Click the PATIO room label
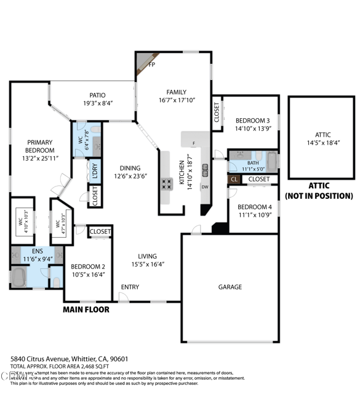coord(98,95)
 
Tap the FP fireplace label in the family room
coord(151,63)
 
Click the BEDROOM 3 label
coord(252,120)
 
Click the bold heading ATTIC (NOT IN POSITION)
coord(318,191)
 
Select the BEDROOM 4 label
coord(254,206)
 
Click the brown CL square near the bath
coord(234,180)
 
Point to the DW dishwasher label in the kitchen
coord(205,187)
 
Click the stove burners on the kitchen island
coord(167,183)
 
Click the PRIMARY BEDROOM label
coord(40,146)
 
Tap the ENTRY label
coord(129,287)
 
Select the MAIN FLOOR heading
coord(86,310)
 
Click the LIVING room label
coord(147,256)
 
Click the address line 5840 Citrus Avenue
coord(68,358)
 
